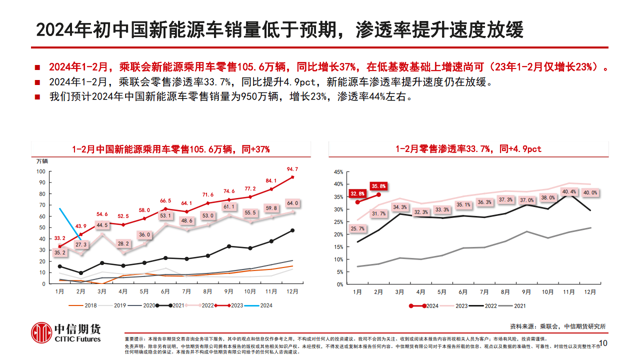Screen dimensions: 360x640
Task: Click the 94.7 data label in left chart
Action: [x=292, y=169]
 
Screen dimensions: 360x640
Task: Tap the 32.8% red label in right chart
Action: [x=357, y=193]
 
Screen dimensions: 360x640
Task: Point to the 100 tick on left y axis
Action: [x=41, y=171]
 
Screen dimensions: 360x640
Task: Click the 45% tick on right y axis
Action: [x=338, y=172]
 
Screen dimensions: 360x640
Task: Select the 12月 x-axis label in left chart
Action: [x=292, y=291]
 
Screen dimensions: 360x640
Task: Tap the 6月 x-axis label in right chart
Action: [x=463, y=291]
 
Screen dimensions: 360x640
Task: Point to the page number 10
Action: [x=602, y=343]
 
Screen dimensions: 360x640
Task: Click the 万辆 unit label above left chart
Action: [x=42, y=161]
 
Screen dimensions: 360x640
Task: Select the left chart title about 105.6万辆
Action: [x=170, y=149]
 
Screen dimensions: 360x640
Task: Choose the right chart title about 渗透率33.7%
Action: [x=468, y=149]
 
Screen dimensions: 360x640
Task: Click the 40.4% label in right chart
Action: [x=569, y=191]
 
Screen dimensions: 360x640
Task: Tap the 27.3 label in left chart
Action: [x=81, y=244]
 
